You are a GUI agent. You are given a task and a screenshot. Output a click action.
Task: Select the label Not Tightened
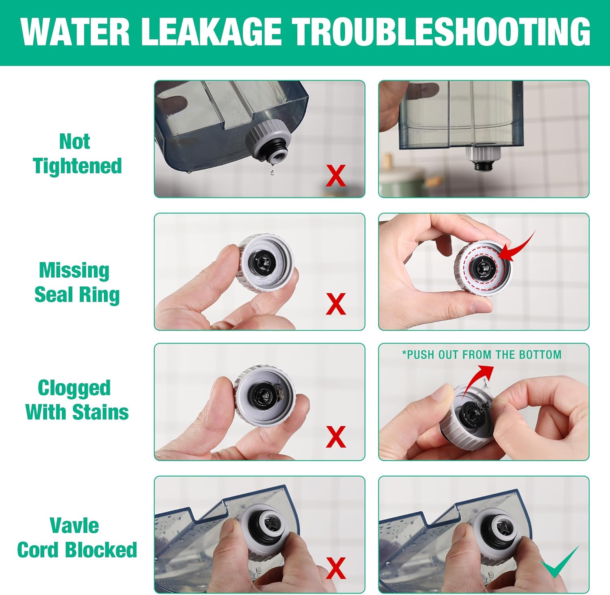77,154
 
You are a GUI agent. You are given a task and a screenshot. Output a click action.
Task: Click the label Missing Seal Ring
77,283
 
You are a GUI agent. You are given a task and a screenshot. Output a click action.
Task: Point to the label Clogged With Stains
77,400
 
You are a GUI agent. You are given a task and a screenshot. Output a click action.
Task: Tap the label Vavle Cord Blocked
77,538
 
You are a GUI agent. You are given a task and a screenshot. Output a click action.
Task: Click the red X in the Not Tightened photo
336,176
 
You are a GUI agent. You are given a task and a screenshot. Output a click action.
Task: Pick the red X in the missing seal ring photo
336,304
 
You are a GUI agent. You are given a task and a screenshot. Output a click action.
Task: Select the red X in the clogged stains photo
336,436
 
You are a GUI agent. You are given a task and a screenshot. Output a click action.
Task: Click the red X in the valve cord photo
336,568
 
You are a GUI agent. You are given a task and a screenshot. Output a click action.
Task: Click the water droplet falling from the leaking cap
272,172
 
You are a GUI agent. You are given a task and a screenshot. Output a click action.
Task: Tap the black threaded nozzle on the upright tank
483,166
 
